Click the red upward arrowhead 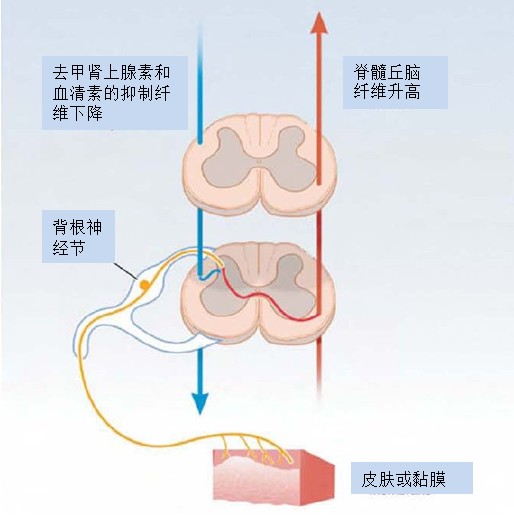pos(319,23)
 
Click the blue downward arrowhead pos(200,403)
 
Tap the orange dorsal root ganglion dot pos(144,285)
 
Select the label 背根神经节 pos(77,237)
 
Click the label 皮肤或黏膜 pos(404,479)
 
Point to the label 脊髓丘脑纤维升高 pos(387,82)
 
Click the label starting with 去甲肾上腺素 pos(111,93)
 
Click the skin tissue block pos(273,477)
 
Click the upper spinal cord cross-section pos(259,164)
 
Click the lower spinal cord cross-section pos(258,293)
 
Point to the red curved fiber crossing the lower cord pos(267,298)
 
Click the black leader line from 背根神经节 pos(125,271)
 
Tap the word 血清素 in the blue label pos(77,94)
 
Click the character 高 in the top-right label pos(412,92)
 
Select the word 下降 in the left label pos(86,113)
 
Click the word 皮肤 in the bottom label pos(378,479)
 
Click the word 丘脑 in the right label pos(404,73)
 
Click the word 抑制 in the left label pos(137,94)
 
